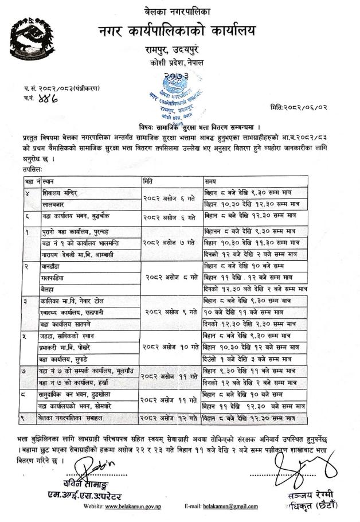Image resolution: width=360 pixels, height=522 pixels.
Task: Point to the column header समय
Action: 212,181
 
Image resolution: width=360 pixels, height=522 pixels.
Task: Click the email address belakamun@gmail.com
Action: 233,507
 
